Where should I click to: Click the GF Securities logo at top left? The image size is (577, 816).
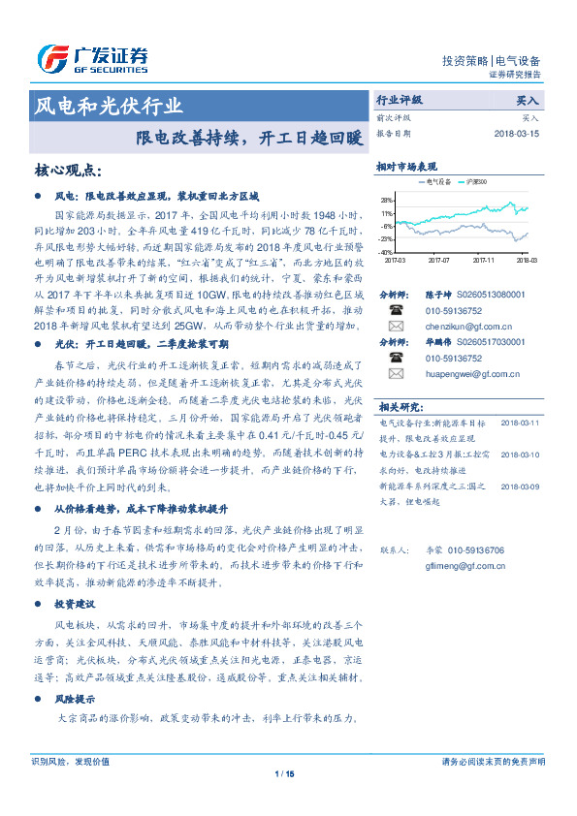tap(92, 58)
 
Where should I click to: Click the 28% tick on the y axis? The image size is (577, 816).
tap(387, 199)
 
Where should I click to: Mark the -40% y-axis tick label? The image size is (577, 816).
tap(387, 251)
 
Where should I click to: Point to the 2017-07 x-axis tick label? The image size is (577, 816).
tap(439, 260)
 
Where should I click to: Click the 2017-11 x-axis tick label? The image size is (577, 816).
tap(484, 260)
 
